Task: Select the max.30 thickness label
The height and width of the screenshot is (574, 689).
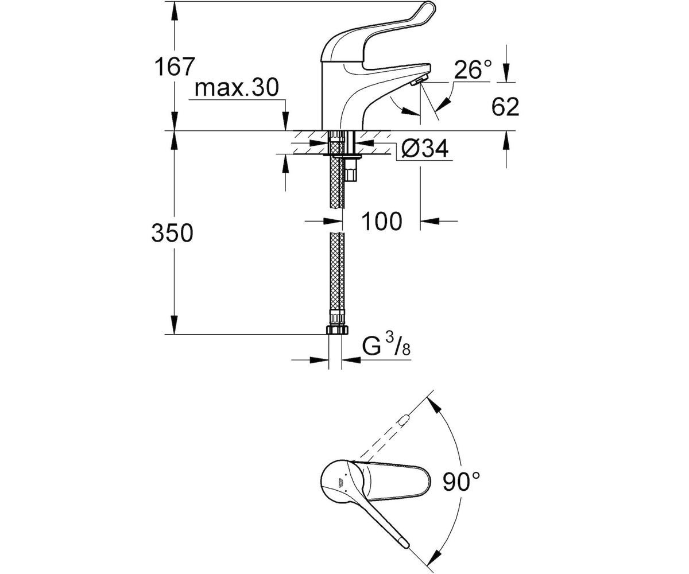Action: (237, 88)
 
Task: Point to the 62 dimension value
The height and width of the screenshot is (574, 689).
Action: (505, 107)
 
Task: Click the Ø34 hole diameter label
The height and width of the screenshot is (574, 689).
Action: (425, 149)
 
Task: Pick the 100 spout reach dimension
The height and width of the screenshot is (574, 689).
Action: (382, 221)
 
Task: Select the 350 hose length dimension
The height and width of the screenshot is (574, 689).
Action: (172, 232)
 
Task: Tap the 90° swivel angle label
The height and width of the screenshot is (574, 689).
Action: (461, 482)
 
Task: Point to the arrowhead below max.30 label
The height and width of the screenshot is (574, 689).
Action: (286, 122)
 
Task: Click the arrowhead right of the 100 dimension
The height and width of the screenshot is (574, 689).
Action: (429, 220)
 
